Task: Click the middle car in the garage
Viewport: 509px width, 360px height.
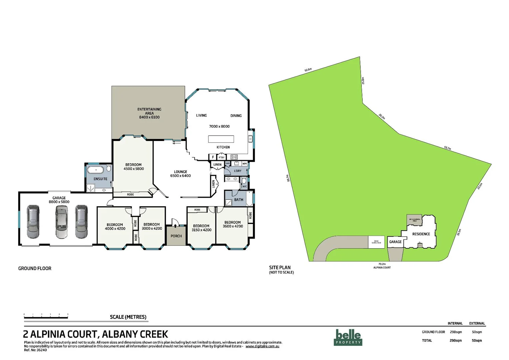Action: (x=61, y=222)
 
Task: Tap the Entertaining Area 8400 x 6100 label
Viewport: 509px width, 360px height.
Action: (x=149, y=113)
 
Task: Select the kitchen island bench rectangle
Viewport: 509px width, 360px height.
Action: (x=221, y=139)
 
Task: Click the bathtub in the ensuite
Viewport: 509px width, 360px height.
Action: (x=96, y=170)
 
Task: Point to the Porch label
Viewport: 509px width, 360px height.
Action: (x=176, y=236)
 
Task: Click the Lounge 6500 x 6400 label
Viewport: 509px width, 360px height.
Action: (x=180, y=174)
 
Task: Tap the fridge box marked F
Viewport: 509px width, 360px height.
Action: (x=213, y=157)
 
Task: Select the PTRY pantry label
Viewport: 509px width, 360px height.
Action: (x=222, y=157)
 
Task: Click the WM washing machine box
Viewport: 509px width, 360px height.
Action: (x=245, y=164)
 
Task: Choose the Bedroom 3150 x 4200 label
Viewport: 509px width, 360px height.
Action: (x=201, y=228)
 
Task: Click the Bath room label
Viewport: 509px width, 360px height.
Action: (x=239, y=200)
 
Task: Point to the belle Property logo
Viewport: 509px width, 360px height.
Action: (x=348, y=337)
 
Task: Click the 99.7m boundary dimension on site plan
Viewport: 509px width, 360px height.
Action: (x=288, y=178)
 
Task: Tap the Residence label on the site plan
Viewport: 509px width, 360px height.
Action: (x=421, y=234)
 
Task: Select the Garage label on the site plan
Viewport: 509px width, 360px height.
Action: (x=395, y=242)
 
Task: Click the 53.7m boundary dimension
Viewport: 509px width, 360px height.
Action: (x=447, y=148)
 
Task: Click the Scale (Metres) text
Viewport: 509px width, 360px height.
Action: (x=128, y=317)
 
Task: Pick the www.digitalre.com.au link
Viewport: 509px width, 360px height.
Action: (x=262, y=346)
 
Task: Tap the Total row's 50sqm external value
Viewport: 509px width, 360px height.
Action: (x=477, y=340)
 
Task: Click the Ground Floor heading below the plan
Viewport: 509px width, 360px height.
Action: (x=35, y=268)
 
